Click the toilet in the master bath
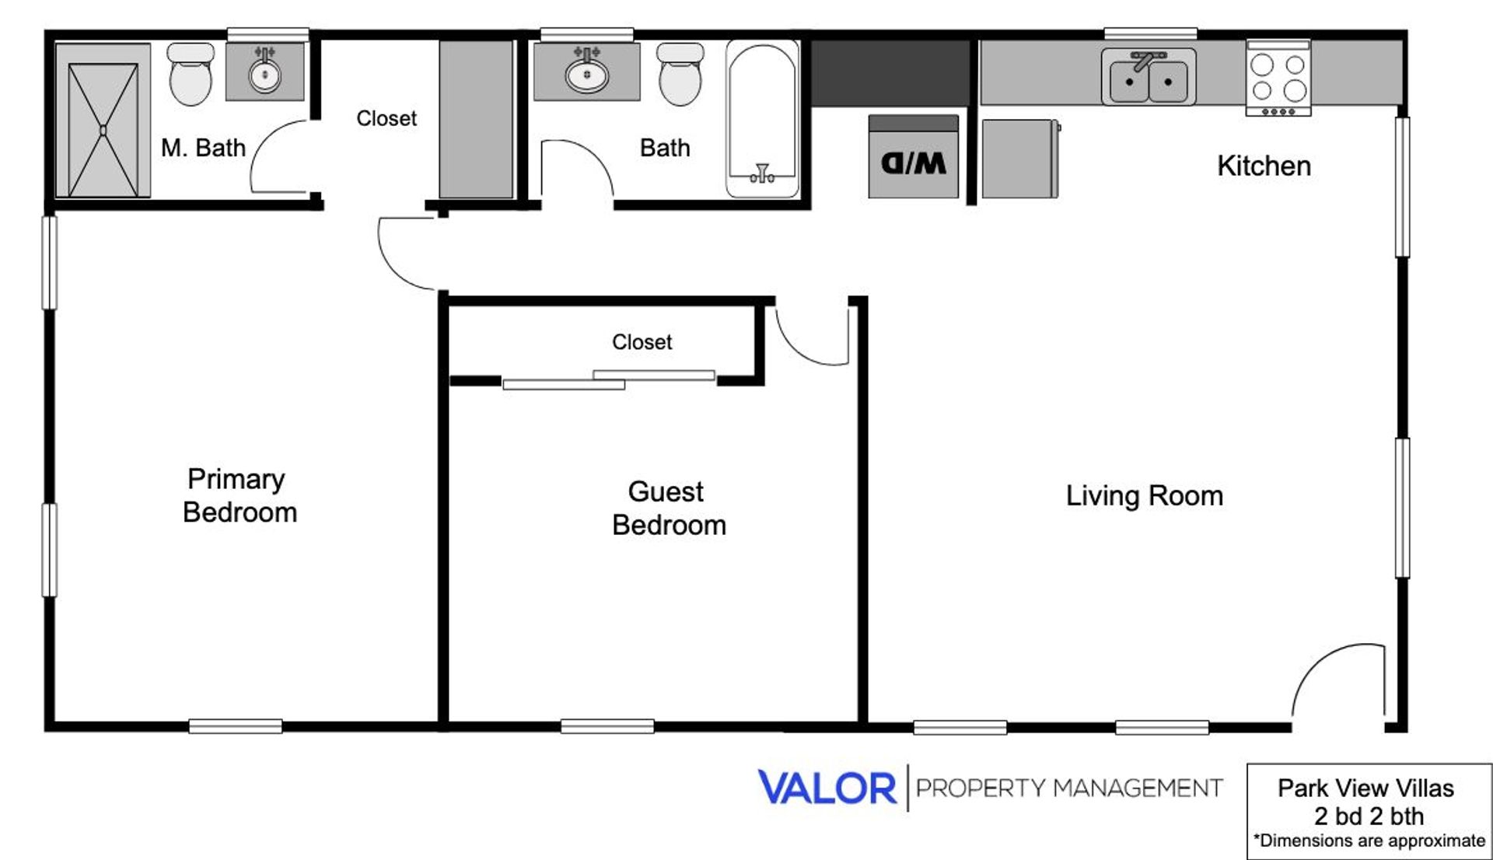(191, 74)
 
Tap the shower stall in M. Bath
(103, 121)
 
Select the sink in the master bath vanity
(265, 72)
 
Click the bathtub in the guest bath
(762, 118)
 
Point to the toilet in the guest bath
(680, 74)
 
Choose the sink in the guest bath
(587, 72)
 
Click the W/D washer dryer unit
(913, 156)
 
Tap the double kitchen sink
(1149, 76)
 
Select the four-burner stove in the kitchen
(1278, 78)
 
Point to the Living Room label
(1144, 496)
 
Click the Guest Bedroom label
(669, 509)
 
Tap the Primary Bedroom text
(240, 496)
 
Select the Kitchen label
(1264, 166)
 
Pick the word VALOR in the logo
(827, 788)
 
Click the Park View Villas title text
(1365, 788)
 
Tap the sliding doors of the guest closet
(608, 379)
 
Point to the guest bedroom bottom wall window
(607, 727)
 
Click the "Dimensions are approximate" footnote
(1369, 841)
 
